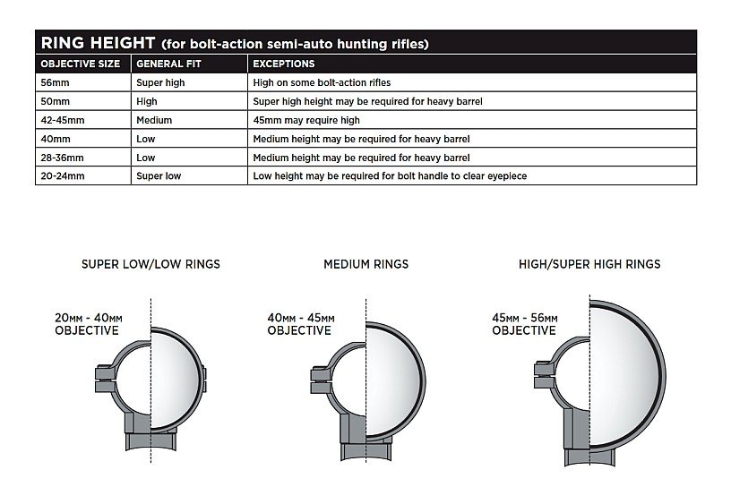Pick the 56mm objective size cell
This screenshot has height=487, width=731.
[x=51, y=82]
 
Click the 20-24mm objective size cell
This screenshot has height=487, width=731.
[x=59, y=176]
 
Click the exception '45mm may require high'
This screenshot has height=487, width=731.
[x=306, y=120]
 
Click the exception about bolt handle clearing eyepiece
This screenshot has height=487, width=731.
[x=390, y=176]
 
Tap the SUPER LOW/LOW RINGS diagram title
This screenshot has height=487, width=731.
[x=150, y=264]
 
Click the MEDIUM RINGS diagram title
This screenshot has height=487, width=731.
[x=365, y=264]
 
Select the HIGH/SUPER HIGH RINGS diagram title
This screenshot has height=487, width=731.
[x=589, y=264]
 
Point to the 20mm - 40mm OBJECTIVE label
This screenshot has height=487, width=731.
[x=88, y=324]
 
